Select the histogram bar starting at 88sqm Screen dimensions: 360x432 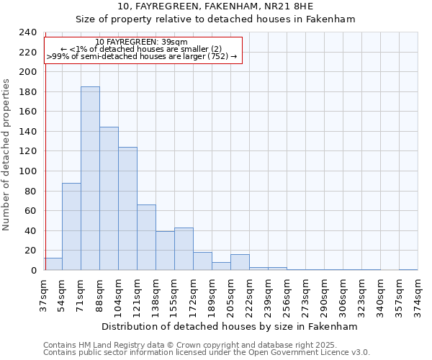(x=109, y=199)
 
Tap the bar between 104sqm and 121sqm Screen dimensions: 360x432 (x=127, y=209)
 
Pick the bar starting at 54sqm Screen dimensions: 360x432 (x=71, y=227)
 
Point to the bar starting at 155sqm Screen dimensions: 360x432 (x=184, y=249)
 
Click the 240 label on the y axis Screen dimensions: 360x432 (x=27, y=32)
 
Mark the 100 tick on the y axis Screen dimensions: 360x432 (x=27, y=171)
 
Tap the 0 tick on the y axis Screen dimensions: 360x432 (x=34, y=271)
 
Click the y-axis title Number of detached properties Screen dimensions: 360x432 (x=7, y=151)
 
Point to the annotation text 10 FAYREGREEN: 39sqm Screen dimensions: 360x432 (x=142, y=42)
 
